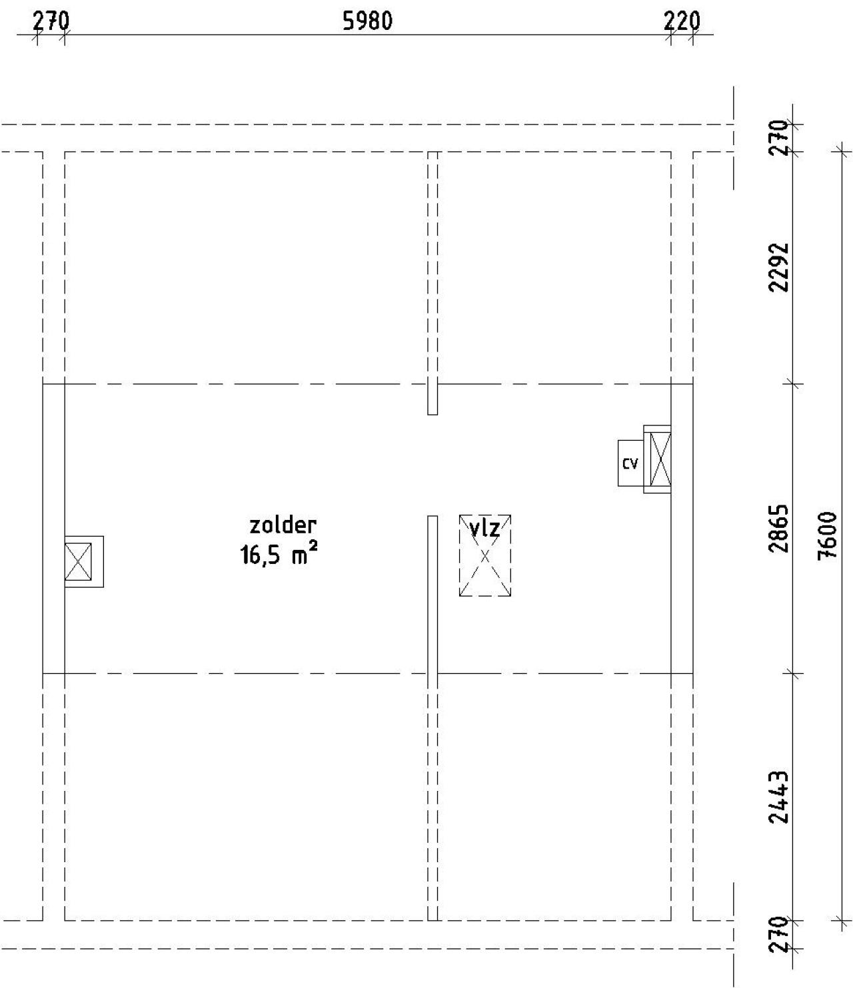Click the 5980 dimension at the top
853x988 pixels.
[x=367, y=21]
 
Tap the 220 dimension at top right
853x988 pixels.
[x=682, y=21]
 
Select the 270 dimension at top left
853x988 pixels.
[x=51, y=21]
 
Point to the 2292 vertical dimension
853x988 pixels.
[x=778, y=266]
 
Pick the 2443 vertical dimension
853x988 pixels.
[x=778, y=796]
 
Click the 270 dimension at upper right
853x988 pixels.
[x=778, y=138]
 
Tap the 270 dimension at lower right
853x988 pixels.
[x=778, y=935]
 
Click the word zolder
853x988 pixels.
[x=283, y=525]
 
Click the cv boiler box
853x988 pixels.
[x=630, y=463]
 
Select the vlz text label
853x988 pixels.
[x=484, y=529]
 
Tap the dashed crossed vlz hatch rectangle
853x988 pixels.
[x=485, y=563]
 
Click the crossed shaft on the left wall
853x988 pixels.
[x=79, y=562]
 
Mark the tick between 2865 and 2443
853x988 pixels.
[x=793, y=673]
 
